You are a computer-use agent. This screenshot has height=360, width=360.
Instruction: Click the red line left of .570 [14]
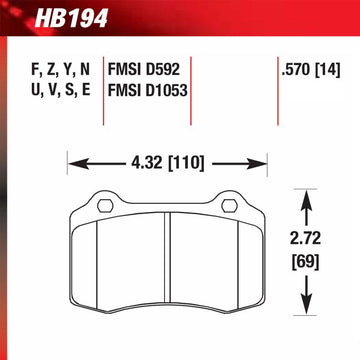click(x=272, y=95)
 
